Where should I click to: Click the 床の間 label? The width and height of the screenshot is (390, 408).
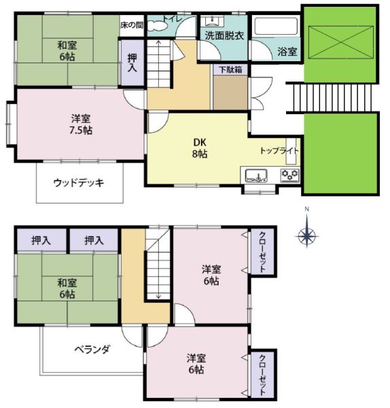tap(132, 25)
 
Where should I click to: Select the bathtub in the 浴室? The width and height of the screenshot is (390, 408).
tap(276, 26)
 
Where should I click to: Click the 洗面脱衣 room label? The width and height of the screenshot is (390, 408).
tap(224, 36)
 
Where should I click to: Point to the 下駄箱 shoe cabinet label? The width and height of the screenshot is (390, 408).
tap(230, 69)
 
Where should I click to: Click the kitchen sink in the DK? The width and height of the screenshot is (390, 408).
tap(257, 175)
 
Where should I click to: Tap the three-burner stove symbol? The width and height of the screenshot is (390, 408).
tap(290, 175)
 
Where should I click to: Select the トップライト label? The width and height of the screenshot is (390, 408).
tap(279, 151)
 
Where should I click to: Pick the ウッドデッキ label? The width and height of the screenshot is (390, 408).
tap(79, 183)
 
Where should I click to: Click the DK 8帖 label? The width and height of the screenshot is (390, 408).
tap(200, 148)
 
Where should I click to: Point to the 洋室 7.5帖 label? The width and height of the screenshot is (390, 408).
tap(81, 124)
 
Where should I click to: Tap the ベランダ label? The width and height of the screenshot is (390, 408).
tap(92, 350)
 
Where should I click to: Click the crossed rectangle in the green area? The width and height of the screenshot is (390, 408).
tap(341, 42)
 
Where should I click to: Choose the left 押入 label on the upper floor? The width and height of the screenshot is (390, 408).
tap(41, 240)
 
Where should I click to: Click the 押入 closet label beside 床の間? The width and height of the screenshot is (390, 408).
tap(132, 63)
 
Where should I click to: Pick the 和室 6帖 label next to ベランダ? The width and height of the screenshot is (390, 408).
tap(67, 288)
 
